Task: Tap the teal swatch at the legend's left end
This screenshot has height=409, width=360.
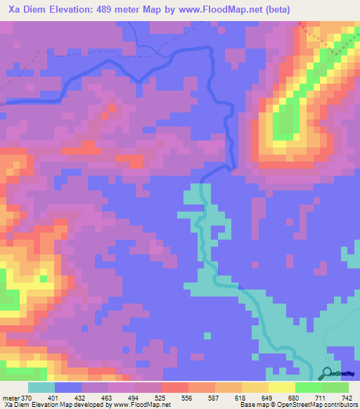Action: click(x=41, y=387)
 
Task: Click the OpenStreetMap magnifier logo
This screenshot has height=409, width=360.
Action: click(x=327, y=373)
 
